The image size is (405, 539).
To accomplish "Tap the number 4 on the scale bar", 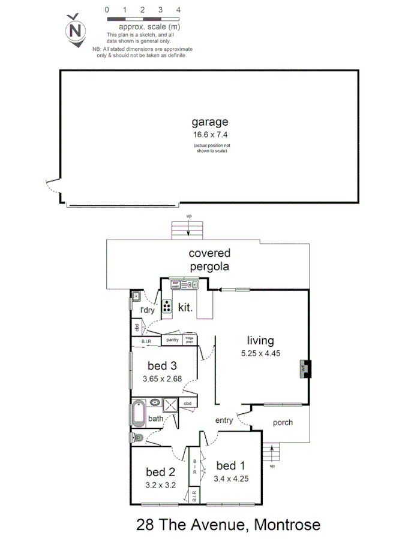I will [178, 10].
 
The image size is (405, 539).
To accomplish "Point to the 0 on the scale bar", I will [107, 10].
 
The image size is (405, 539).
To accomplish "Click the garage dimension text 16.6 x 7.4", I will [210, 136].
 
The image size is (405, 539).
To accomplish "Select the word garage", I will [210, 122].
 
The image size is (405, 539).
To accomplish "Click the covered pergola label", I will [209, 260].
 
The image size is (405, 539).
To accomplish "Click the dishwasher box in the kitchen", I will [176, 286].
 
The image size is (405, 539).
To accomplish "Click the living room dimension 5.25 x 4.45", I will [260, 353].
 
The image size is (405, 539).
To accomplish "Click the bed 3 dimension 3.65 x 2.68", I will [162, 378].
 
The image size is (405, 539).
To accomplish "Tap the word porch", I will [283, 422].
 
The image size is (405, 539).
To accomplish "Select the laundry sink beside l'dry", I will [136, 296].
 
